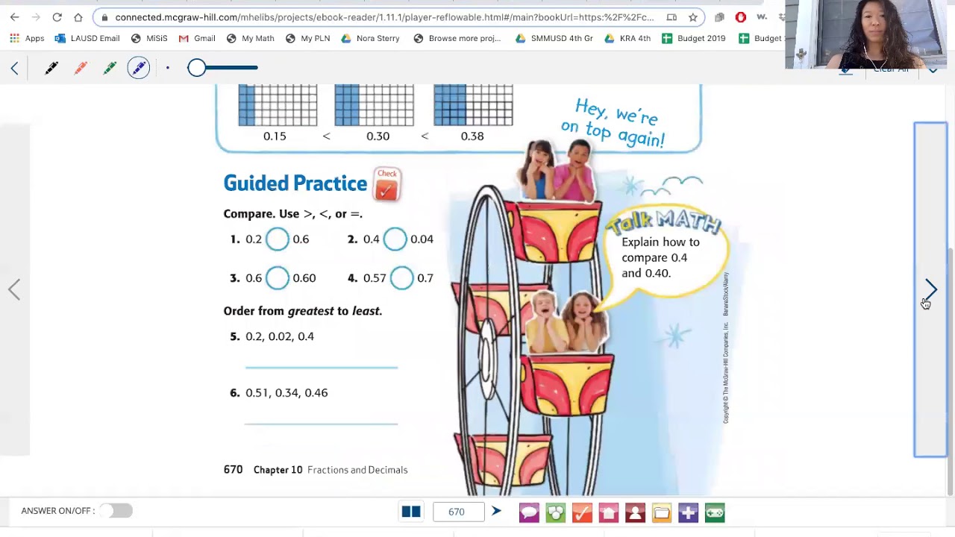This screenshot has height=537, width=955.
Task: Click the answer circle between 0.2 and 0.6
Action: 277,239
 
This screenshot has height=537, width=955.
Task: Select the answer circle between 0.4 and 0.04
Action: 395,239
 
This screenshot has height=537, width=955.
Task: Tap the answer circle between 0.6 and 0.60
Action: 277,278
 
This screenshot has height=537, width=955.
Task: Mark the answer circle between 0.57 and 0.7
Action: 401,278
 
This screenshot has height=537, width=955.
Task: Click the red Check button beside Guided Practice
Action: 386,184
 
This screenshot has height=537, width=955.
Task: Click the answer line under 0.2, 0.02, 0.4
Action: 322,366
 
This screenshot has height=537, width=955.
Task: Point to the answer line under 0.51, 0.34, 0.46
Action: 322,423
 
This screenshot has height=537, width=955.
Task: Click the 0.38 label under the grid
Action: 472,136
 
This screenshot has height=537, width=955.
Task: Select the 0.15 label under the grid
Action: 275,136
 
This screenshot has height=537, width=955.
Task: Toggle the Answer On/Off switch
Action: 116,511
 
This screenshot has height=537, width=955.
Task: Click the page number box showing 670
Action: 457,512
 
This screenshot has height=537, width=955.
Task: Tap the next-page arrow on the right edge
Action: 931,289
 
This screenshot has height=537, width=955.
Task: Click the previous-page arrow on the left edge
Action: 14,289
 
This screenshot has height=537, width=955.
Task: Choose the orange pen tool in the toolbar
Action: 81,69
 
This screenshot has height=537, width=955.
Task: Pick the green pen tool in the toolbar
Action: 110,69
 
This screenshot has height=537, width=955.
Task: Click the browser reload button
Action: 57,17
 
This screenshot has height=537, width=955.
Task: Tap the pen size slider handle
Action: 196,68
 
